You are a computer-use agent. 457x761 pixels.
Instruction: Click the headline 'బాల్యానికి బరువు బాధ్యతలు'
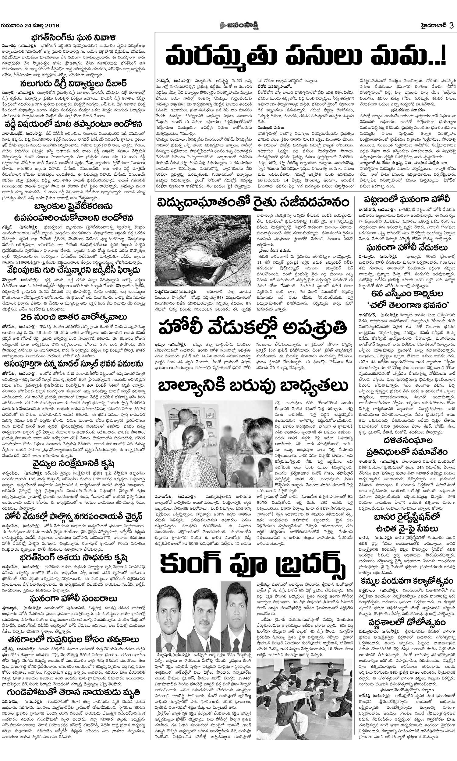(x=253, y=386)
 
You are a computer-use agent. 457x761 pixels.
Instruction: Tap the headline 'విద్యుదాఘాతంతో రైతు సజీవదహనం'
(x=253, y=203)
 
